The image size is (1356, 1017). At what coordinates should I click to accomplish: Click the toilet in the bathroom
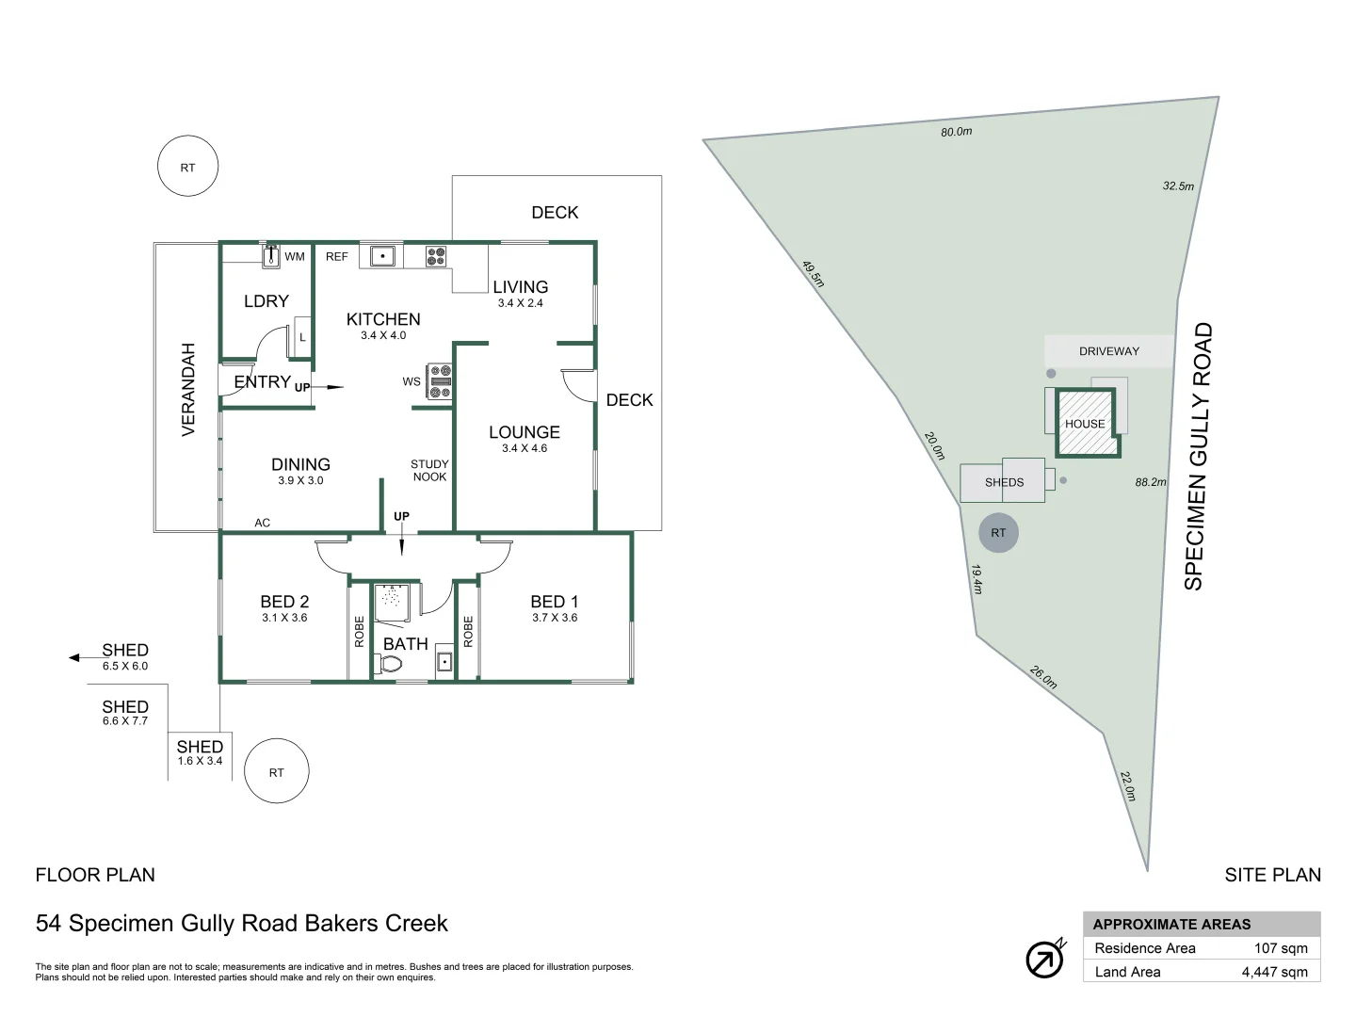(389, 664)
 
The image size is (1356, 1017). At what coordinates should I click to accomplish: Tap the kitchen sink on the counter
(382, 255)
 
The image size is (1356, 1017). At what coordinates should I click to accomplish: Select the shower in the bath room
(393, 603)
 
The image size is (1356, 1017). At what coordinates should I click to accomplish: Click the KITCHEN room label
(383, 319)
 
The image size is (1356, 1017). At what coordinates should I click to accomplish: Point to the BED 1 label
(554, 602)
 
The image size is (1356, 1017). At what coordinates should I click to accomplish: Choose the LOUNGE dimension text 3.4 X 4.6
(525, 448)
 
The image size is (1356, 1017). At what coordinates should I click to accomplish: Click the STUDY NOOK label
(429, 470)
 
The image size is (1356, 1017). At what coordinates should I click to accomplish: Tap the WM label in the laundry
(295, 256)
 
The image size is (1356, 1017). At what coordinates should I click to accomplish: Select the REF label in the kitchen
(336, 256)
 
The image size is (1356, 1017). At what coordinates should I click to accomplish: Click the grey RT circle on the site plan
(998, 533)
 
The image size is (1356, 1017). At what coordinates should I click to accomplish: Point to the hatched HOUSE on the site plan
(1086, 424)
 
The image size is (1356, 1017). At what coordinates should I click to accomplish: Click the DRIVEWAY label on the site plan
(1108, 351)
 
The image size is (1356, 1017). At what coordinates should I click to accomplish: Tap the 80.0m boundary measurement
(956, 132)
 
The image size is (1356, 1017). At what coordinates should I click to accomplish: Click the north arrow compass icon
(1044, 960)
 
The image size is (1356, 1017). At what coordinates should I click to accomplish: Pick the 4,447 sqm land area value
(1274, 972)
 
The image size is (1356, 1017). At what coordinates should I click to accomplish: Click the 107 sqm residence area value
(1281, 948)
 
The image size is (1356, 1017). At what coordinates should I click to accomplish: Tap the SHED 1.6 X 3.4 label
(200, 752)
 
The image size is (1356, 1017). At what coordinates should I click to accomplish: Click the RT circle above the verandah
(188, 167)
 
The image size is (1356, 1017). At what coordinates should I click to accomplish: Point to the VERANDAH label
(188, 389)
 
